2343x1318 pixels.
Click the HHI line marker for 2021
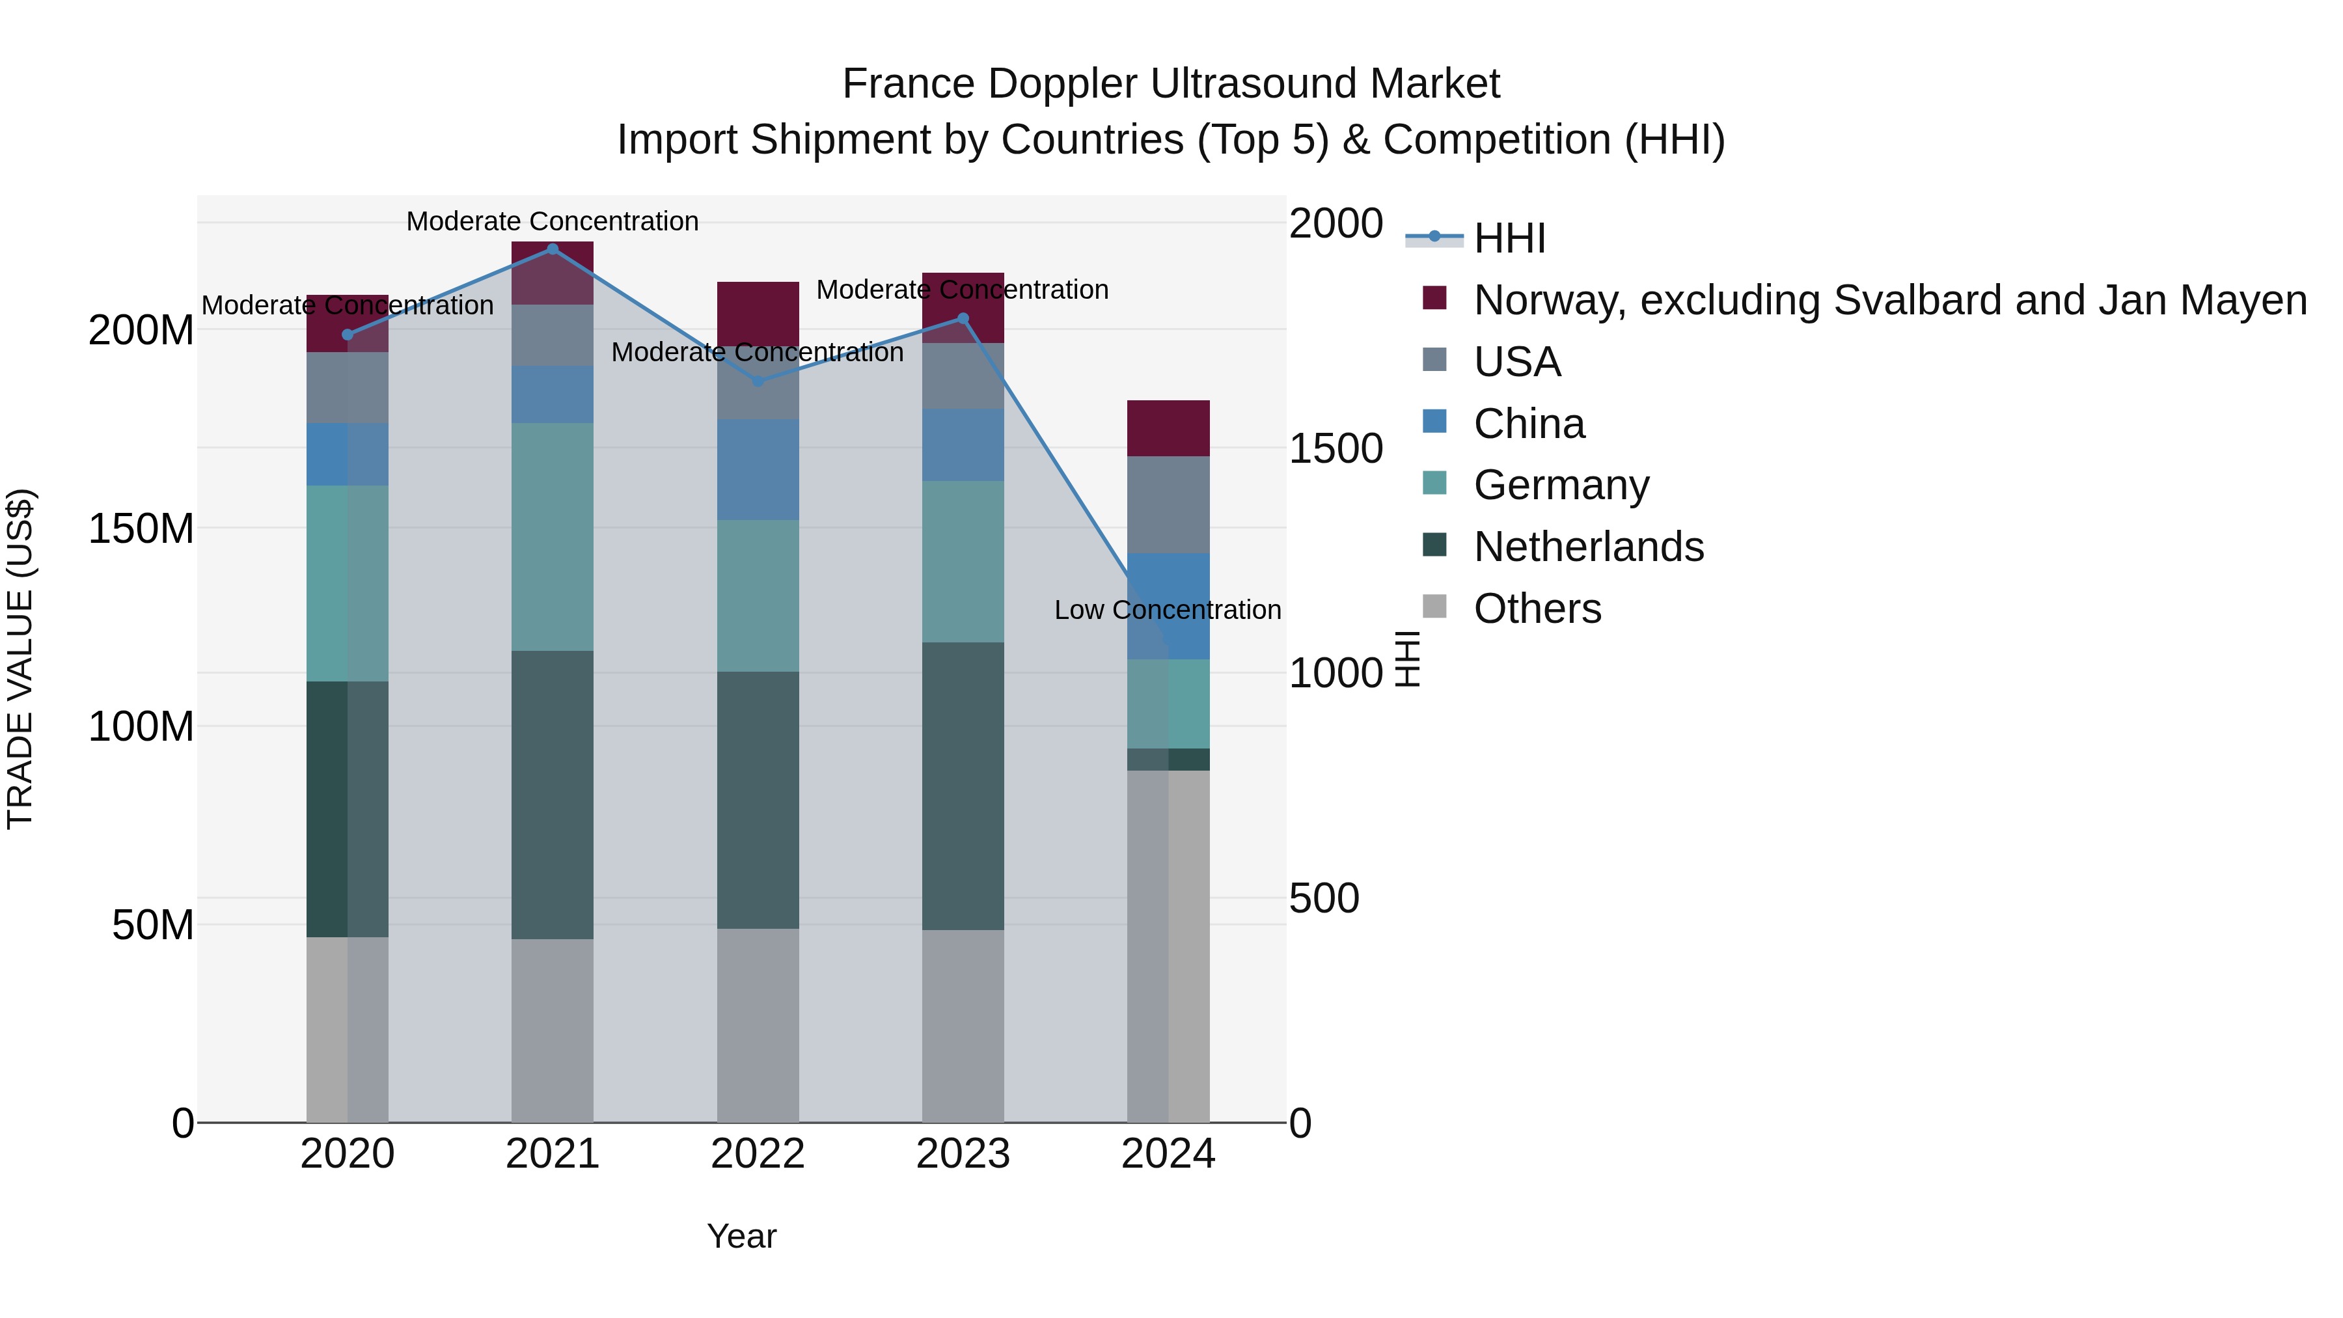point(552,249)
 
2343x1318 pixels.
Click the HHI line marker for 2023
point(963,318)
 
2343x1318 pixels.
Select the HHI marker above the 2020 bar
point(348,335)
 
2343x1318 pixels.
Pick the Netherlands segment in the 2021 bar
point(552,794)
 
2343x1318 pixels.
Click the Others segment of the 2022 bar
point(758,1025)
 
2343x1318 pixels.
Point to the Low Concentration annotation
point(1167,611)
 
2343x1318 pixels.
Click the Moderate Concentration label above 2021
point(552,222)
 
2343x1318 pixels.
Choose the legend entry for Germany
point(1560,485)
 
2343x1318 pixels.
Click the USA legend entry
point(1516,362)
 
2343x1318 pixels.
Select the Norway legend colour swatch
point(1434,298)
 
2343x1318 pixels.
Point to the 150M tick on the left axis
point(141,529)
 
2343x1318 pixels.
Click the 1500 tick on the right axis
point(1336,448)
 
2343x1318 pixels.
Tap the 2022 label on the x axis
point(758,1154)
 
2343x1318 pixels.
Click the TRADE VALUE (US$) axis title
point(21,659)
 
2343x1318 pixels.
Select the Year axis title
point(741,1236)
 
